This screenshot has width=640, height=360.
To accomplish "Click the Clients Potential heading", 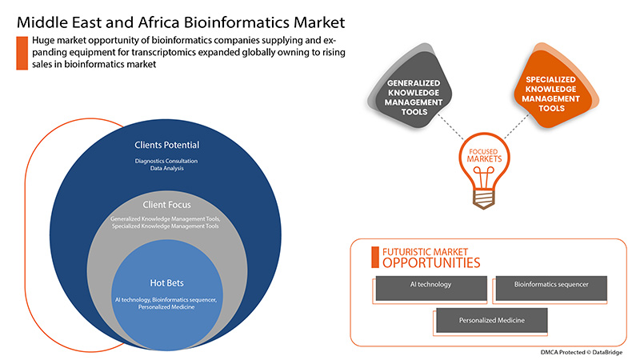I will pos(166,146).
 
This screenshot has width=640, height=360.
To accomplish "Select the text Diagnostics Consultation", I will pos(166,161).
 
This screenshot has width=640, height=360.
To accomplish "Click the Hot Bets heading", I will pos(166,283).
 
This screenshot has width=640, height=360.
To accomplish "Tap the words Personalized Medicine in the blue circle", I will pos(166,306).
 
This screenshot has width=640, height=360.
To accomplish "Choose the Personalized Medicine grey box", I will pos(492,321).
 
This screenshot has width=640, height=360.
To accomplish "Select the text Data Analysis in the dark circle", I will pos(166,169).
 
